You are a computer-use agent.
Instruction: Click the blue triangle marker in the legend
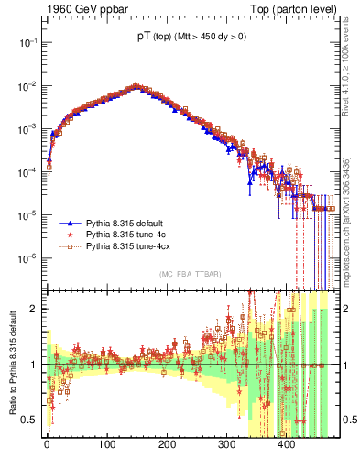pos(70,223)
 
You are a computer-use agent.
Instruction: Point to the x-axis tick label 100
pos(106,445)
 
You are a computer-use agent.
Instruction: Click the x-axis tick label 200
pos(167,445)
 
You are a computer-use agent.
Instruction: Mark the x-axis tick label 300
pos(226,445)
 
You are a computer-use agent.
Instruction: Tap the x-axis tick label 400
pos(287,445)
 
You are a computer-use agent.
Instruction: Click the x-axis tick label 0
pos(47,445)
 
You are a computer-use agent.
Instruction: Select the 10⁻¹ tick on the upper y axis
pos(28,42)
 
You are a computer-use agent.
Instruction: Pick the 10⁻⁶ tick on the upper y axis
pos(28,258)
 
